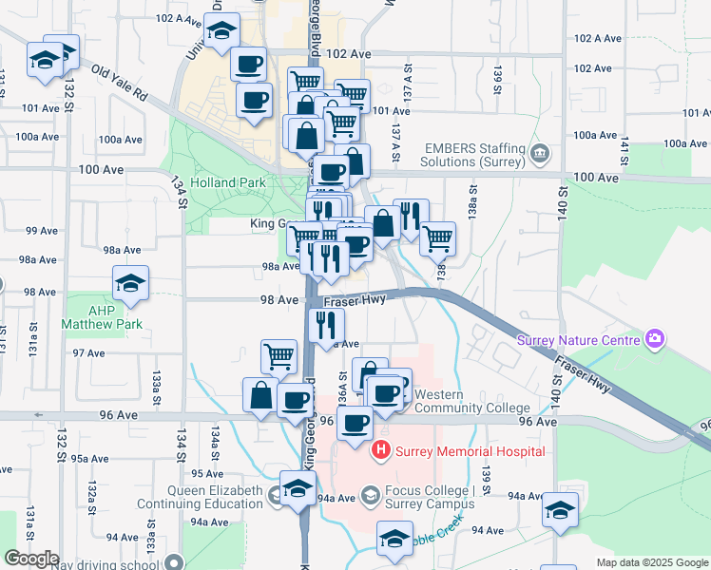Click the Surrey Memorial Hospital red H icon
point(381,450)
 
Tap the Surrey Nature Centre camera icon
point(654,339)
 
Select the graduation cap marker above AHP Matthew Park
point(131,282)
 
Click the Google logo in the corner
point(31,559)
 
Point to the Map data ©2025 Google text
point(651,562)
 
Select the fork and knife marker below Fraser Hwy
point(327,324)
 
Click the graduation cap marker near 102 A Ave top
point(221,33)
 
